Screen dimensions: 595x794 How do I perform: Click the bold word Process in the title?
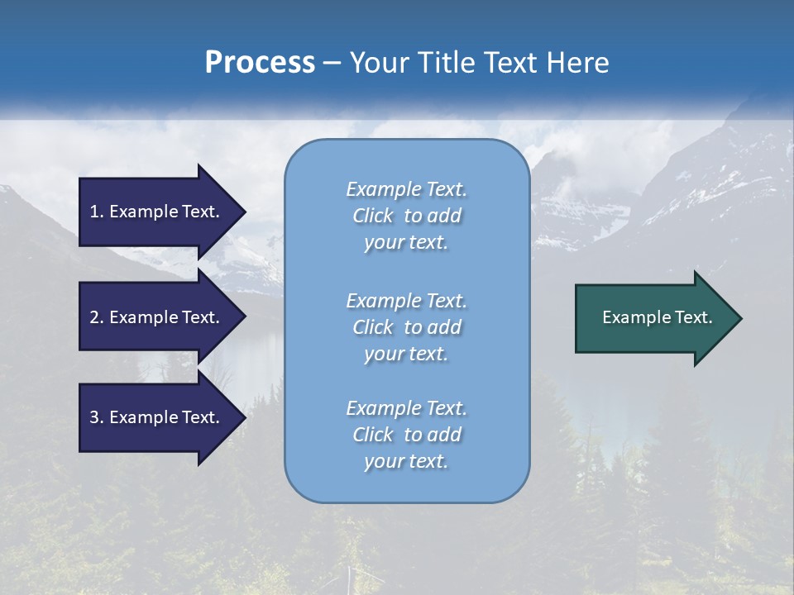[260, 63]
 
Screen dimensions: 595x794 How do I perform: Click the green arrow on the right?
[653, 317]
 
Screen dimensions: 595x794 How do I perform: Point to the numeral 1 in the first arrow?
[94, 212]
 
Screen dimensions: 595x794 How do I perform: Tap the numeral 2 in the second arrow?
[94, 317]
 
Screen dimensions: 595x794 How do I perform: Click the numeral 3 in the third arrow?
[94, 417]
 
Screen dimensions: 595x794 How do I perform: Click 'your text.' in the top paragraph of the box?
[406, 243]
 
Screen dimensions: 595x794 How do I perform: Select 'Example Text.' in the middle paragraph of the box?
[406, 300]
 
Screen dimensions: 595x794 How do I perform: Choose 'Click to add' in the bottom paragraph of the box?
[406, 435]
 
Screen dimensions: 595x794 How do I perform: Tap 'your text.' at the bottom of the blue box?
[406, 462]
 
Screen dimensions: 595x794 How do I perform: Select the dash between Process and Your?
[332, 64]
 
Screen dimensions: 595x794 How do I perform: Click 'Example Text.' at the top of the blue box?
[406, 189]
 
